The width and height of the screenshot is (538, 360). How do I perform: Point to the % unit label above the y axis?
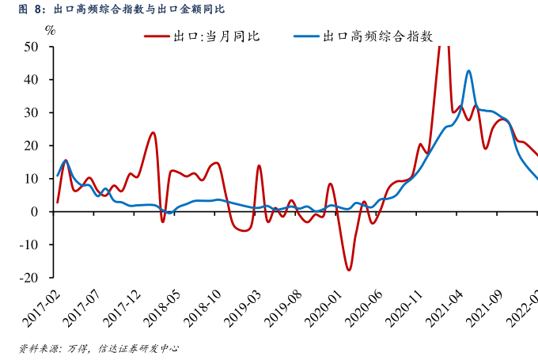pyautogui.click(x=50, y=31)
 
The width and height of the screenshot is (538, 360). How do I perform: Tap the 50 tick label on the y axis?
pyautogui.click(x=32, y=47)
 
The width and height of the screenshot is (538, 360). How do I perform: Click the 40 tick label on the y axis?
pyautogui.click(x=32, y=80)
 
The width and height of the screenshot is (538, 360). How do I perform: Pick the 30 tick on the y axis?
pyautogui.click(x=32, y=112)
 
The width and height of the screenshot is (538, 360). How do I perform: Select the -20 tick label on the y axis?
pyautogui.click(x=29, y=278)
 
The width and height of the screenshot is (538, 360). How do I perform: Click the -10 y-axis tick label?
pyautogui.click(x=29, y=244)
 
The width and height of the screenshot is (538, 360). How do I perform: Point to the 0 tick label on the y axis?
pyautogui.click(x=36, y=212)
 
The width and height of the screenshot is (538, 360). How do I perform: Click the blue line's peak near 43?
pyautogui.click(x=469, y=71)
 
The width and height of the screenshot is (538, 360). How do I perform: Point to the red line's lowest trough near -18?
pyautogui.click(x=348, y=271)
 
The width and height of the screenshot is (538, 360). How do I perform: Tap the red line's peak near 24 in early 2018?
pyautogui.click(x=153, y=132)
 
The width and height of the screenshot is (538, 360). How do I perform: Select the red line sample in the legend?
pyautogui.click(x=156, y=36)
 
